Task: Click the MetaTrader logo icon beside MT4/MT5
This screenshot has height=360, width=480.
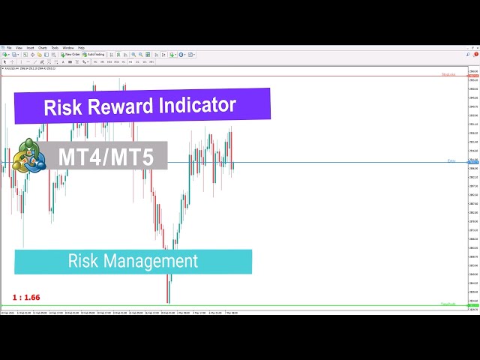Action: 28,157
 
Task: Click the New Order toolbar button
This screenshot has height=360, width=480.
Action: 71,55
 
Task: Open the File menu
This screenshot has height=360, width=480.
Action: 10,47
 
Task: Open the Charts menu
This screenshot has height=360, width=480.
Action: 43,47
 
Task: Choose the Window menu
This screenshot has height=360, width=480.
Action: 68,47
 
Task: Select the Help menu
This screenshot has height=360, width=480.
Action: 81,47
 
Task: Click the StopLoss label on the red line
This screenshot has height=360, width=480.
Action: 448,74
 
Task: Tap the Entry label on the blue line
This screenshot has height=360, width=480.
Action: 451,160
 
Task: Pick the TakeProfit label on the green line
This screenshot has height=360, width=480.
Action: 448,304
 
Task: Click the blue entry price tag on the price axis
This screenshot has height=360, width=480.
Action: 473,162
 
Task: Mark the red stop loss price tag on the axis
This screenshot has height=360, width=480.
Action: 473,76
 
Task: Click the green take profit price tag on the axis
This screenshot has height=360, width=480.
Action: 473,306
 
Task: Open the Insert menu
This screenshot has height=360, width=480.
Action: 31,47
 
